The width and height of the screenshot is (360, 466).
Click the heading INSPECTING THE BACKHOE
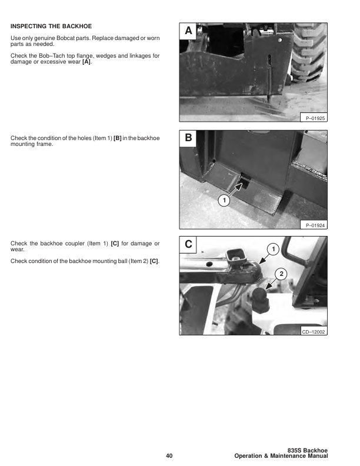[x=51, y=26]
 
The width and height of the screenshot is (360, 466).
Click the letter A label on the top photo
[x=188, y=31]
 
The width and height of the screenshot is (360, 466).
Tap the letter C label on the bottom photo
[x=188, y=244]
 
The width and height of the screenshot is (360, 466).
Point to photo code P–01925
[x=315, y=118]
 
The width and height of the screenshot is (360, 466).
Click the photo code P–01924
[x=315, y=225]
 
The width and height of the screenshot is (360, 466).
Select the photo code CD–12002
[x=314, y=332]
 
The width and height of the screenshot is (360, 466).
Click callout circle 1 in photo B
[x=223, y=201]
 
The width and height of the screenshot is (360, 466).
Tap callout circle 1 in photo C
[x=272, y=249]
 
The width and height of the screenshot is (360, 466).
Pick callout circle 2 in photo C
[x=281, y=274]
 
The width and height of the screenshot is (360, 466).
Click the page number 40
[x=169, y=456]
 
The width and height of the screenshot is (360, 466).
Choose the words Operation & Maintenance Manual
[x=281, y=457]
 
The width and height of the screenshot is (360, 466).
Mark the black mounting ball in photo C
[x=260, y=303]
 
